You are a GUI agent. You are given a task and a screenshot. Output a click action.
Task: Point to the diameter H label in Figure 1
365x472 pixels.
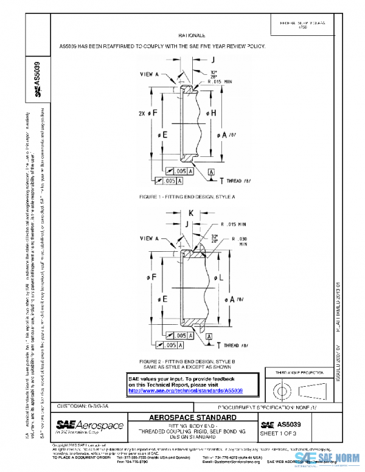click(214, 113)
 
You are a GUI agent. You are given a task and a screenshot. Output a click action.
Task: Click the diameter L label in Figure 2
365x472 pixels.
click(214, 277)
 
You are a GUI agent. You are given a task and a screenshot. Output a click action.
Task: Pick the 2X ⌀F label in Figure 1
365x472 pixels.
click(147, 113)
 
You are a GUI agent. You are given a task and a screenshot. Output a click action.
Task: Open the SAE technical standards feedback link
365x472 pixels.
click(186, 391)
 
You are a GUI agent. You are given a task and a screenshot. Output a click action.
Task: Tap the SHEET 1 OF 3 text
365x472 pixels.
click(278, 432)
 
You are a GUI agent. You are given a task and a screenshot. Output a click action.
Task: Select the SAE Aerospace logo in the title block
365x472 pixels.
click(89, 426)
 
